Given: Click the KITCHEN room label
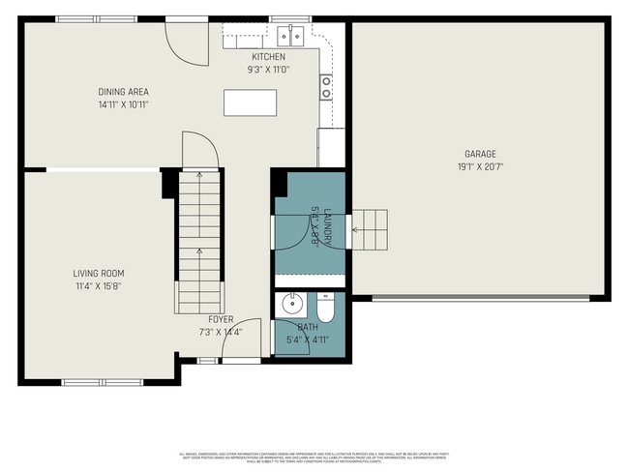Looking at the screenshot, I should (x=268, y=57).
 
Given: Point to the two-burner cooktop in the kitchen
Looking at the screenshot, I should (x=327, y=87).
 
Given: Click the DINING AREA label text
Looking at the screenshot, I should (x=123, y=92).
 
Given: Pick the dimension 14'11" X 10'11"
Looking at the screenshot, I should (x=123, y=104).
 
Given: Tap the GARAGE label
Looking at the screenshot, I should (x=480, y=154).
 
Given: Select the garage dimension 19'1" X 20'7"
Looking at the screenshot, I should (x=480, y=166).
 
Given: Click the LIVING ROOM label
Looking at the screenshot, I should (x=99, y=274).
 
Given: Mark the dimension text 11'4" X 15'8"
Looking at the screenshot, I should (x=99, y=286).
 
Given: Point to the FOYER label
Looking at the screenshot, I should (x=220, y=319).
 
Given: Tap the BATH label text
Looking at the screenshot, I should (x=308, y=328).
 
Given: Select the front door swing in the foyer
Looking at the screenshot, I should (x=246, y=339).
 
